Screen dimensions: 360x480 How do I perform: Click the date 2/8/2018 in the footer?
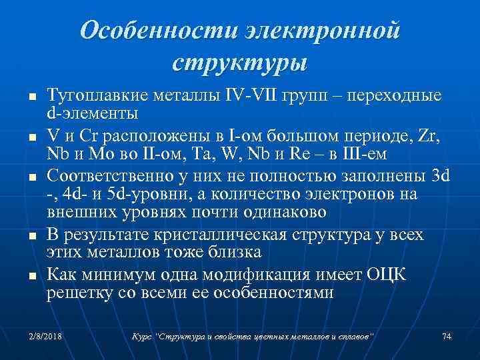click(x=41, y=335)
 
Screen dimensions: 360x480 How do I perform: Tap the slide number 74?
click(x=447, y=335)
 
